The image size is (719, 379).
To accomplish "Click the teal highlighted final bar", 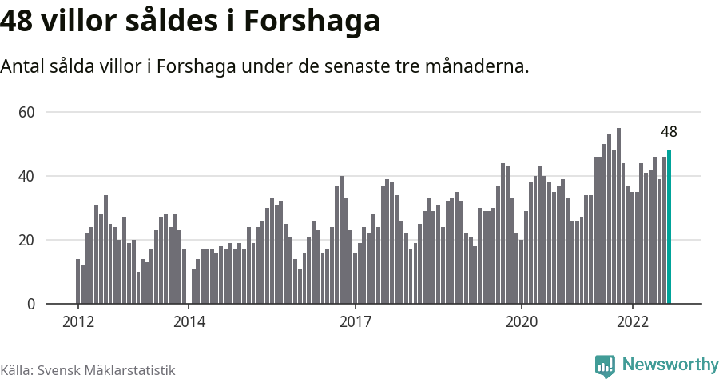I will coord(669,227).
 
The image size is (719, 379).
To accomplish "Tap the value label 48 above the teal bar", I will coord(669,132).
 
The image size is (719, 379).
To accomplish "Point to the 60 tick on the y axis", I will coord(26,112).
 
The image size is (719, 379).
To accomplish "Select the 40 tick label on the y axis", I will coord(26,176).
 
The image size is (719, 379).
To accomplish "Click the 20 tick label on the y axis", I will coord(26,240).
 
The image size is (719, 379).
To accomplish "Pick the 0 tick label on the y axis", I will coord(30,304).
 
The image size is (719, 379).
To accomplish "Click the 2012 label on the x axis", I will coord(77,321).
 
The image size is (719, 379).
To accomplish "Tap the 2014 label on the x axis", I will coord(189,321).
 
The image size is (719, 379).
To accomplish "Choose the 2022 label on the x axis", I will coord(632,321).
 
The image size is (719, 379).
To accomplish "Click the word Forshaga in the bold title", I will coord(312,22).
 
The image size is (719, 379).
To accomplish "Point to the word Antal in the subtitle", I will coord(23,66).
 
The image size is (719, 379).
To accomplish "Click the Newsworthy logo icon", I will coord(605,365).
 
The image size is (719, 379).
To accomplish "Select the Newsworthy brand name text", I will coord(669,365).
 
